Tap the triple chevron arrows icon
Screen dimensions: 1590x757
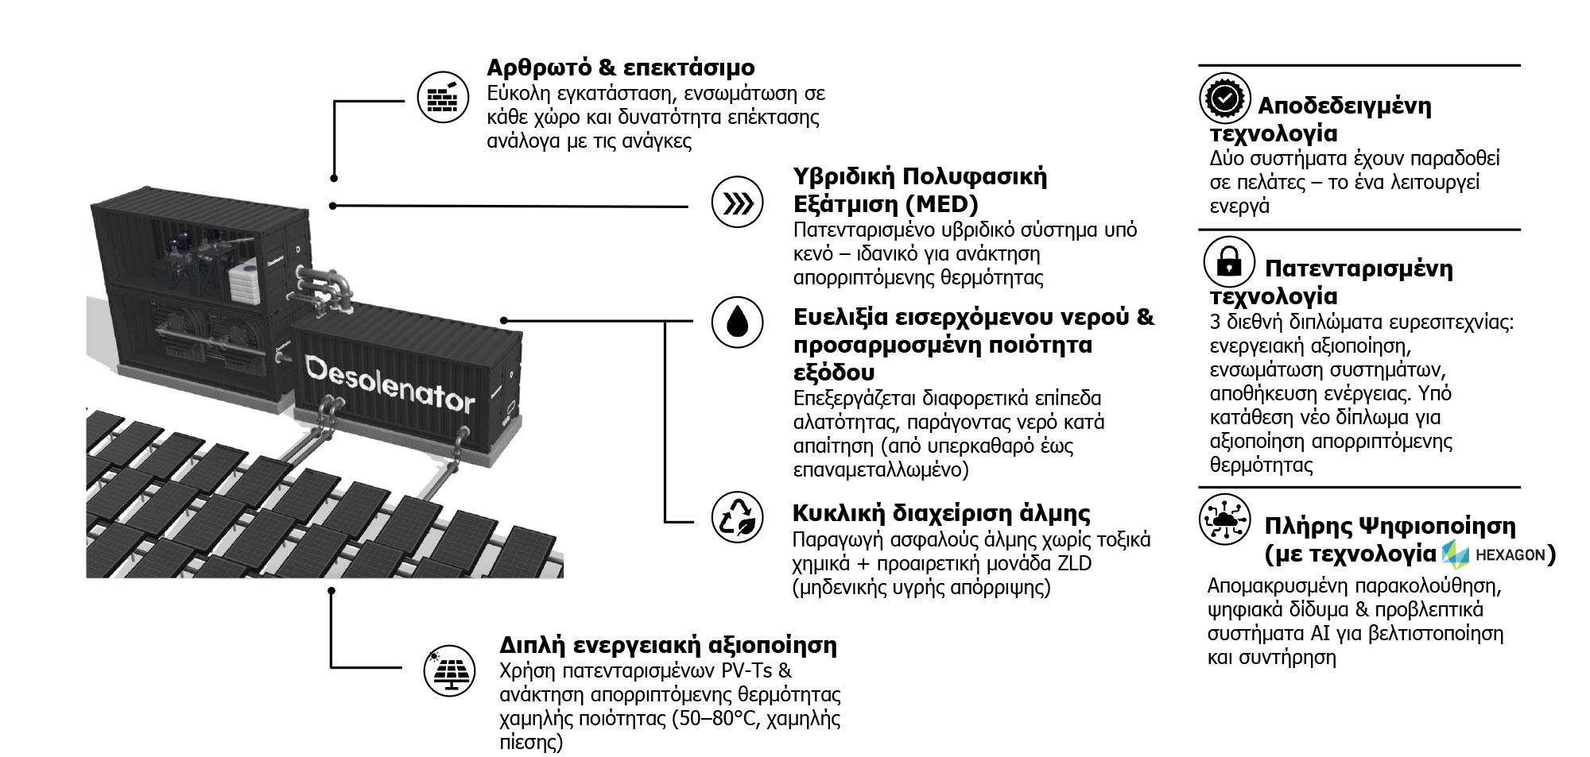(x=737, y=204)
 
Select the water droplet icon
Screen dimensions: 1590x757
(x=737, y=322)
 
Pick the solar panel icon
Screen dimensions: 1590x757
(x=449, y=670)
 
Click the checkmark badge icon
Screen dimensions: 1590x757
(x=1225, y=98)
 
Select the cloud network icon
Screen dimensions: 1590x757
(x=1225, y=519)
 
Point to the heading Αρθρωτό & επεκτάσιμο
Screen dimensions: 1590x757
(x=621, y=68)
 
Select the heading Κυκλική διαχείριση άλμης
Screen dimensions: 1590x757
(x=942, y=513)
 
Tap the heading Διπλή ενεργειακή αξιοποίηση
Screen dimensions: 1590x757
(x=669, y=644)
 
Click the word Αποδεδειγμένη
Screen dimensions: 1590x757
(x=1344, y=106)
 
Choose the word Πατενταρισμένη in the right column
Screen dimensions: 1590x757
(x=1359, y=268)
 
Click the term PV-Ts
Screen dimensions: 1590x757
(x=747, y=670)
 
